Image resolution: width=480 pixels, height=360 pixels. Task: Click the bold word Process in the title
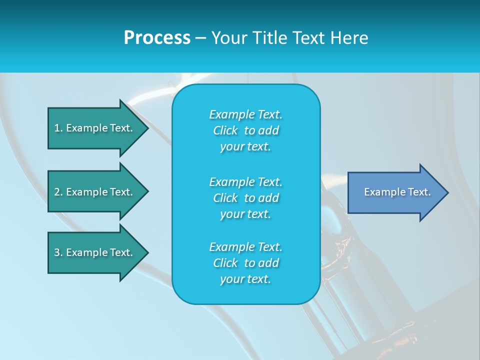pos(157,38)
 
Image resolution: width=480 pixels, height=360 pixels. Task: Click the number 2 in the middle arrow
pos(57,192)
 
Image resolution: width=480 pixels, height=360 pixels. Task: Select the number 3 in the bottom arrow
pos(57,252)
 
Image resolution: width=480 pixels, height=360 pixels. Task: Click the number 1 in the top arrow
pos(57,128)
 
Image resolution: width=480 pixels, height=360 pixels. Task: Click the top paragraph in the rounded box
pos(245,130)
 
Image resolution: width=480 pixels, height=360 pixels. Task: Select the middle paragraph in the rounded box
pos(245,197)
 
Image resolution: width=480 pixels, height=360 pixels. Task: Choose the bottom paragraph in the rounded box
pos(245,263)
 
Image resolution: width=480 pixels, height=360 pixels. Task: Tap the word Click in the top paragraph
pos(225,130)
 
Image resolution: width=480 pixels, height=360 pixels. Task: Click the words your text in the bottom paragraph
pos(245,279)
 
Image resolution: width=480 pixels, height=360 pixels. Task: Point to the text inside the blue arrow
pos(397,192)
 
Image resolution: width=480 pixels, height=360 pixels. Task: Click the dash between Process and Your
pos(200,38)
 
